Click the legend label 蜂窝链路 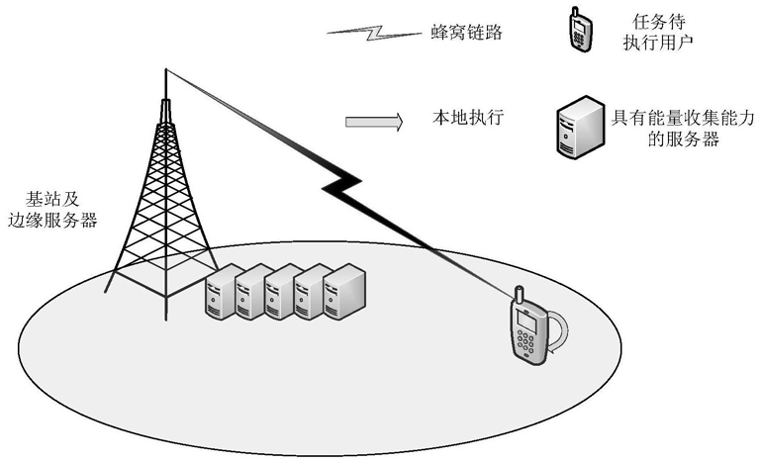467,32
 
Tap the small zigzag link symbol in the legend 374,33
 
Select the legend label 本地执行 468,118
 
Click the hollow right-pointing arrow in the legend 374,122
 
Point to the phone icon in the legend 581,29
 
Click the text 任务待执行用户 658,32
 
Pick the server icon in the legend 580,127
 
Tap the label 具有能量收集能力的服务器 683,128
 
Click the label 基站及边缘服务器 52,210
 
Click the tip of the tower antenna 166,69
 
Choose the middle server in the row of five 282,292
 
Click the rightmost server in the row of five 344,292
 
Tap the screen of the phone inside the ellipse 526,321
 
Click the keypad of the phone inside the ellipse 524,342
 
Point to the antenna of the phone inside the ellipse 519,294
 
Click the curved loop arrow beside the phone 562,330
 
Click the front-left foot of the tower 107,290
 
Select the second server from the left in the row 252,292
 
